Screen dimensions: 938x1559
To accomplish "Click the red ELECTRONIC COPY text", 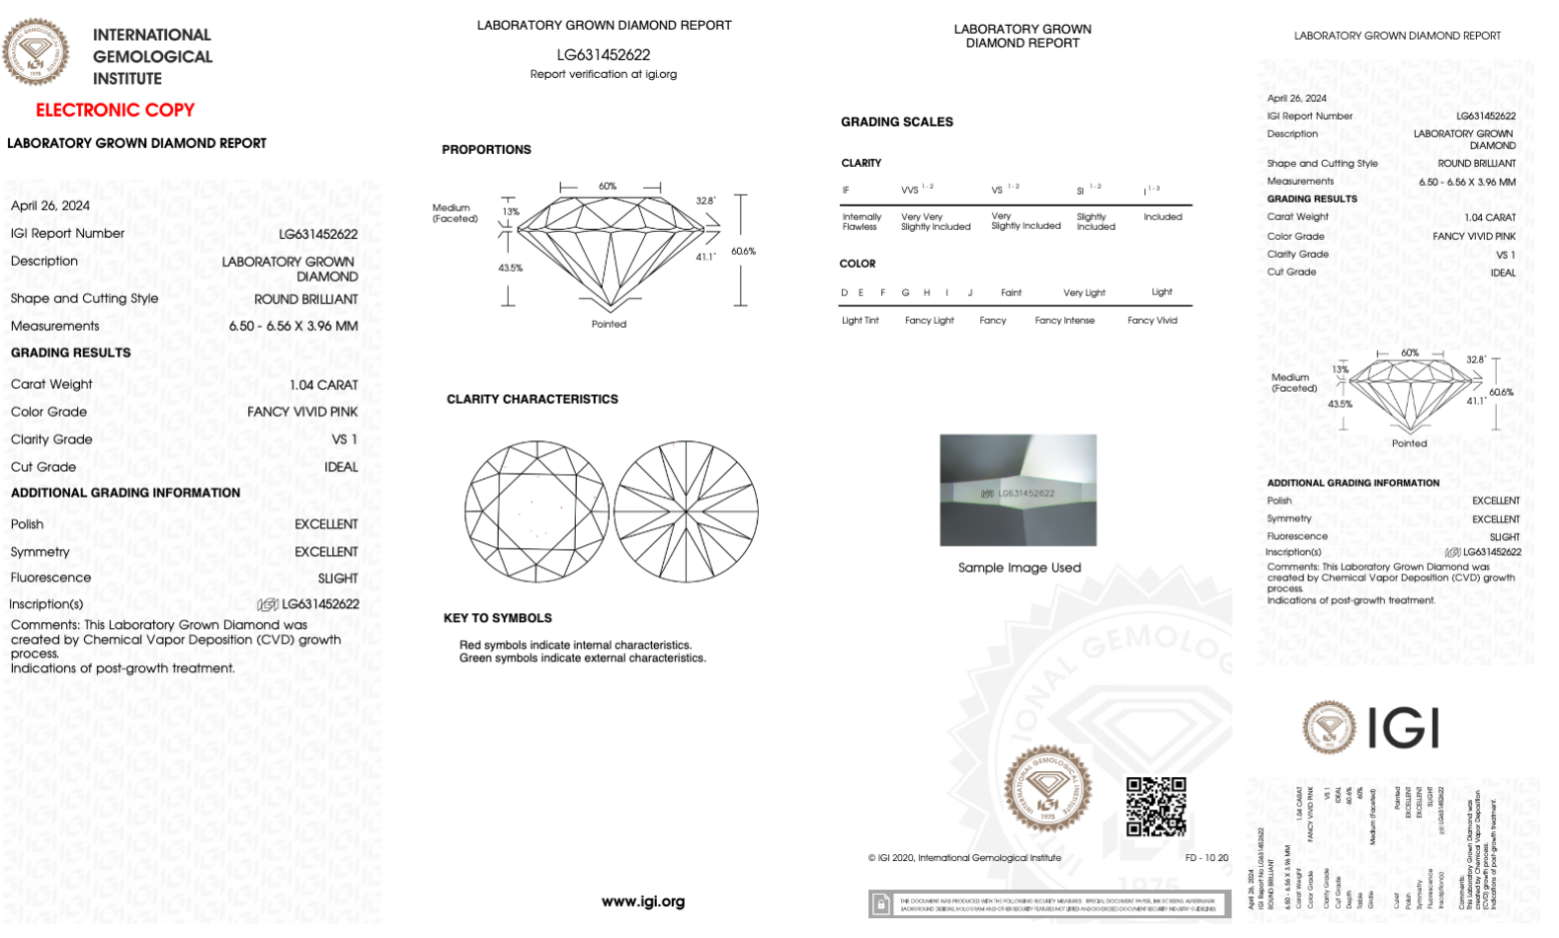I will pos(115,110).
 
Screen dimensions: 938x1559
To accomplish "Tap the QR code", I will pos(1156,806).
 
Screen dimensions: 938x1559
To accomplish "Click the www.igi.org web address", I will pos(642,901).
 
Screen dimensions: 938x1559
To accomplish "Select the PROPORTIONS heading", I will pos(486,149).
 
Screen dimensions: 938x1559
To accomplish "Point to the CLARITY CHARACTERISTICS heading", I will pos(532,399).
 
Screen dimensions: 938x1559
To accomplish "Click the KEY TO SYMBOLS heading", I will pos(497,618).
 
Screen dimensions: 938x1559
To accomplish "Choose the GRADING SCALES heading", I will pos(896,121).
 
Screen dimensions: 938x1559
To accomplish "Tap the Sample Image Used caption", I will pos(1019,568).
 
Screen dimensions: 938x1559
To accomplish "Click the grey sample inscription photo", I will pos(1018,490).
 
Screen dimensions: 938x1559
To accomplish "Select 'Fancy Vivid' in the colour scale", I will pos(1152,320).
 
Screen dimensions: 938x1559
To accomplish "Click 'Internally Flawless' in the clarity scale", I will pos(862,221).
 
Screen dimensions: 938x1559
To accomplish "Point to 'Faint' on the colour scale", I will pos(1011,292).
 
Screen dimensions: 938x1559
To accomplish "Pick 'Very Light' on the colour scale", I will pos(1084,292).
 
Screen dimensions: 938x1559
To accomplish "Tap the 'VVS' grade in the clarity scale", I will pos(910,190).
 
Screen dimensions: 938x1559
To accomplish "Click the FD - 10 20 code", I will pos(1206,858).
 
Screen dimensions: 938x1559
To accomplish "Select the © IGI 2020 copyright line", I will pos(964,858).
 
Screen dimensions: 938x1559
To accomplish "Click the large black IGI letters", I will pos(1403,729).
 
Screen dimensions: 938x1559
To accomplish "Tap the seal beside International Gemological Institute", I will pos(36,51).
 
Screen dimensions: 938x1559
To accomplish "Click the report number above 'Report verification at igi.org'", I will pos(603,54).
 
